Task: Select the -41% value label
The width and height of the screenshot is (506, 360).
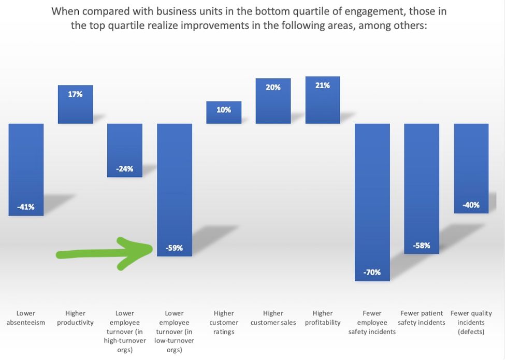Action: (26, 207)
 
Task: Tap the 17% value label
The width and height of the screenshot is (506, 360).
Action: (75, 94)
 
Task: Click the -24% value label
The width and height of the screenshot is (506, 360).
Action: (125, 168)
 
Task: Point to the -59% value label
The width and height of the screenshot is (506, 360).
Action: (175, 248)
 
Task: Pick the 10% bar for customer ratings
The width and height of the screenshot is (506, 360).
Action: (224, 112)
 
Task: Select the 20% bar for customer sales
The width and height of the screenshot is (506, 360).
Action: (273, 101)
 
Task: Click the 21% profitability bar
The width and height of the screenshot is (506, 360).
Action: (323, 100)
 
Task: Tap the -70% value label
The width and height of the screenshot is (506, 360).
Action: (372, 272)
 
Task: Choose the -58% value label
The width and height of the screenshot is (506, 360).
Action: (422, 245)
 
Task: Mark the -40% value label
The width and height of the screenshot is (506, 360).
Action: (471, 205)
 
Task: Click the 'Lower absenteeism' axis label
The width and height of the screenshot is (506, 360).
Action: (26, 318)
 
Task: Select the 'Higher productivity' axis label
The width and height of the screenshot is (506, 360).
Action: (75, 318)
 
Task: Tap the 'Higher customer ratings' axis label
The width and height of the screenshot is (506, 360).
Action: (224, 322)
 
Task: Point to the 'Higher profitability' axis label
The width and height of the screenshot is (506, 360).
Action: (323, 318)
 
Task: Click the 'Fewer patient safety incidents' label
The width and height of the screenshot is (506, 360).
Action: (422, 318)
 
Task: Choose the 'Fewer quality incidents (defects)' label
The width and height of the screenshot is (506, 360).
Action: (471, 322)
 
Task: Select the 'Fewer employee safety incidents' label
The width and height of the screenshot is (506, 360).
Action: (372, 322)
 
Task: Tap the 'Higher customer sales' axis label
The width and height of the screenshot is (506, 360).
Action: (273, 318)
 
